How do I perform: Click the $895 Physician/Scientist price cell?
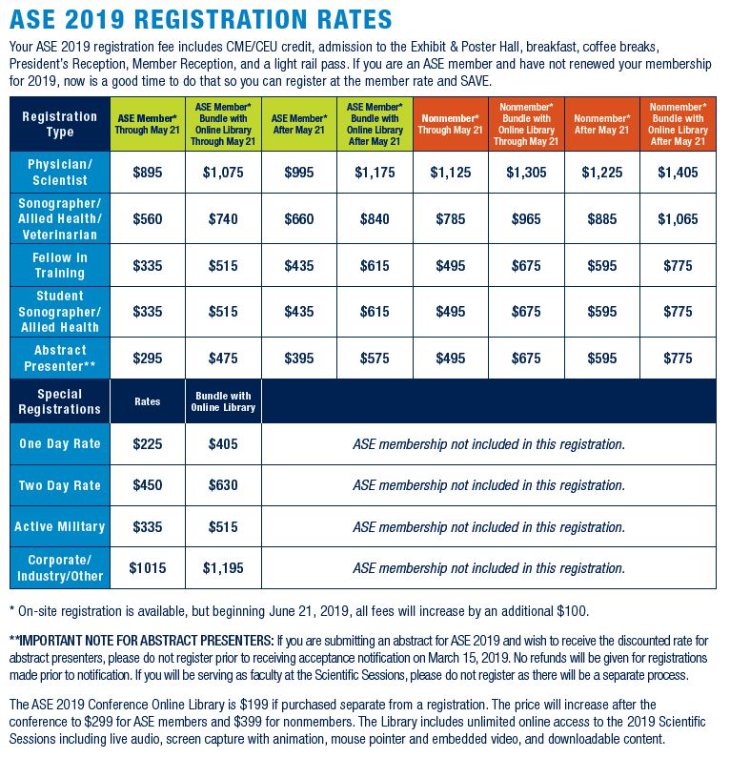tap(148, 173)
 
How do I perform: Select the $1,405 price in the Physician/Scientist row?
tap(678, 173)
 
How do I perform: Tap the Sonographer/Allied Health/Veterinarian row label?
tap(60, 219)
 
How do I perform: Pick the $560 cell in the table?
tap(148, 219)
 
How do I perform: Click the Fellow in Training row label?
tap(60, 265)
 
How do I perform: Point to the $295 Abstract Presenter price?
tap(148, 359)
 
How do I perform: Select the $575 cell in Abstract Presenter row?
tap(375, 359)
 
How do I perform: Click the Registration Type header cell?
tap(60, 124)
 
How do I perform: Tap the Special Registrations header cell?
tap(60, 401)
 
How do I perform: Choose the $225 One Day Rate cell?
tap(148, 444)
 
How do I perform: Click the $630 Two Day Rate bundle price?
tap(223, 485)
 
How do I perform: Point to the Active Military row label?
tap(60, 526)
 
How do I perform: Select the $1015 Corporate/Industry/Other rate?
tap(148, 568)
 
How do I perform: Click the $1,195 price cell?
tap(223, 568)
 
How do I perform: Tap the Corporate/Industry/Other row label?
tap(60, 568)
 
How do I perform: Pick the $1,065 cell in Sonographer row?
tap(678, 219)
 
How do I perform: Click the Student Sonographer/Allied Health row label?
tap(60, 312)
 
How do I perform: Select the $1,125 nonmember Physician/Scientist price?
tap(450, 173)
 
